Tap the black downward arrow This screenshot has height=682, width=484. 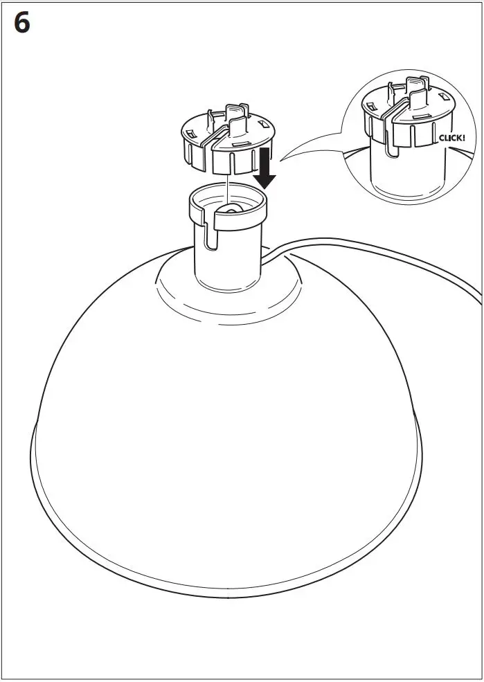[265, 168]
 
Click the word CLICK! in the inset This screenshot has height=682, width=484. [453, 138]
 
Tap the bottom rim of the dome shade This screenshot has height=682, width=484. [228, 592]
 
